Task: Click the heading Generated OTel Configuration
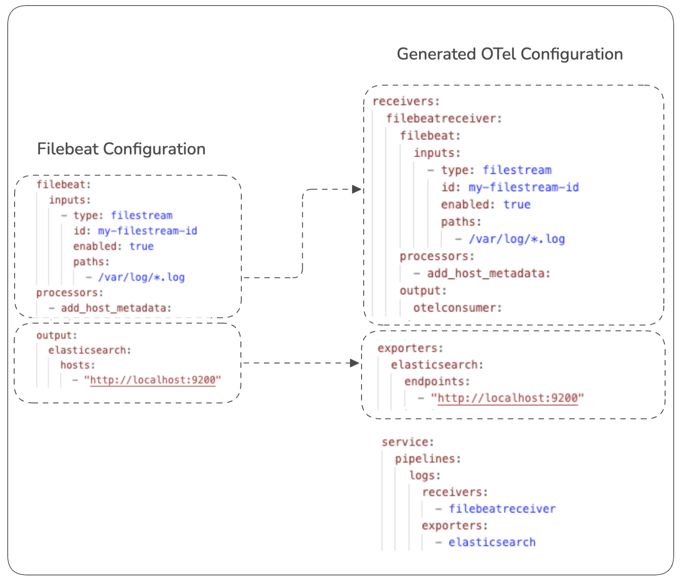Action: [x=509, y=54]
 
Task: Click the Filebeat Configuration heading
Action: [x=121, y=149]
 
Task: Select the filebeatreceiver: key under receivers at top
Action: [x=444, y=118]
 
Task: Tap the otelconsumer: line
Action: [x=457, y=308]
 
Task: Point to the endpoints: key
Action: [x=437, y=381]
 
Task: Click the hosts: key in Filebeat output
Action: [x=77, y=365]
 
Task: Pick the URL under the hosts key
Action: [x=152, y=380]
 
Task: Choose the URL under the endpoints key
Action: [x=508, y=398]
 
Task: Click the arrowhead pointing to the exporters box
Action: [x=355, y=363]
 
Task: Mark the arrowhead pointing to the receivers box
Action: [x=356, y=189]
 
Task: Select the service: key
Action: [x=407, y=442]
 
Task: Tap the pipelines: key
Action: [x=428, y=459]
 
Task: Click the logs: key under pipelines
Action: [x=425, y=475]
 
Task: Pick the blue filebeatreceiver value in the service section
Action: [x=502, y=509]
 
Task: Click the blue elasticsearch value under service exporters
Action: [x=492, y=542]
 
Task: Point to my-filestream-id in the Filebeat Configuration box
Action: [x=147, y=231]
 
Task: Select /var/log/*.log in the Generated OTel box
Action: [x=517, y=239]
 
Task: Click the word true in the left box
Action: [x=141, y=246]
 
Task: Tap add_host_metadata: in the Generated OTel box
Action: [x=488, y=273]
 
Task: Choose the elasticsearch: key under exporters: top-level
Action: [x=437, y=365]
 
